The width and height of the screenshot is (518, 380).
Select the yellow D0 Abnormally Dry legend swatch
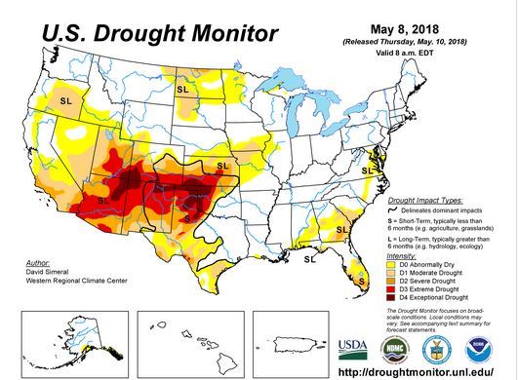pos(391,263)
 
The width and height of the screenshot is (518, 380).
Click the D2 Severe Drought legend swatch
pos(391,281)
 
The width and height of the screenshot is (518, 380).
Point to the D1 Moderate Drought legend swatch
pos(391,272)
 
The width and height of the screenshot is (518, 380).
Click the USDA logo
pos(353,349)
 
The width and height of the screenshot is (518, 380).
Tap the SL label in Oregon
pos(67,100)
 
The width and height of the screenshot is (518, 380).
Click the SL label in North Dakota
pos(182,89)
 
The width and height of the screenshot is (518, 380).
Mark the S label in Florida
pos(361,281)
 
